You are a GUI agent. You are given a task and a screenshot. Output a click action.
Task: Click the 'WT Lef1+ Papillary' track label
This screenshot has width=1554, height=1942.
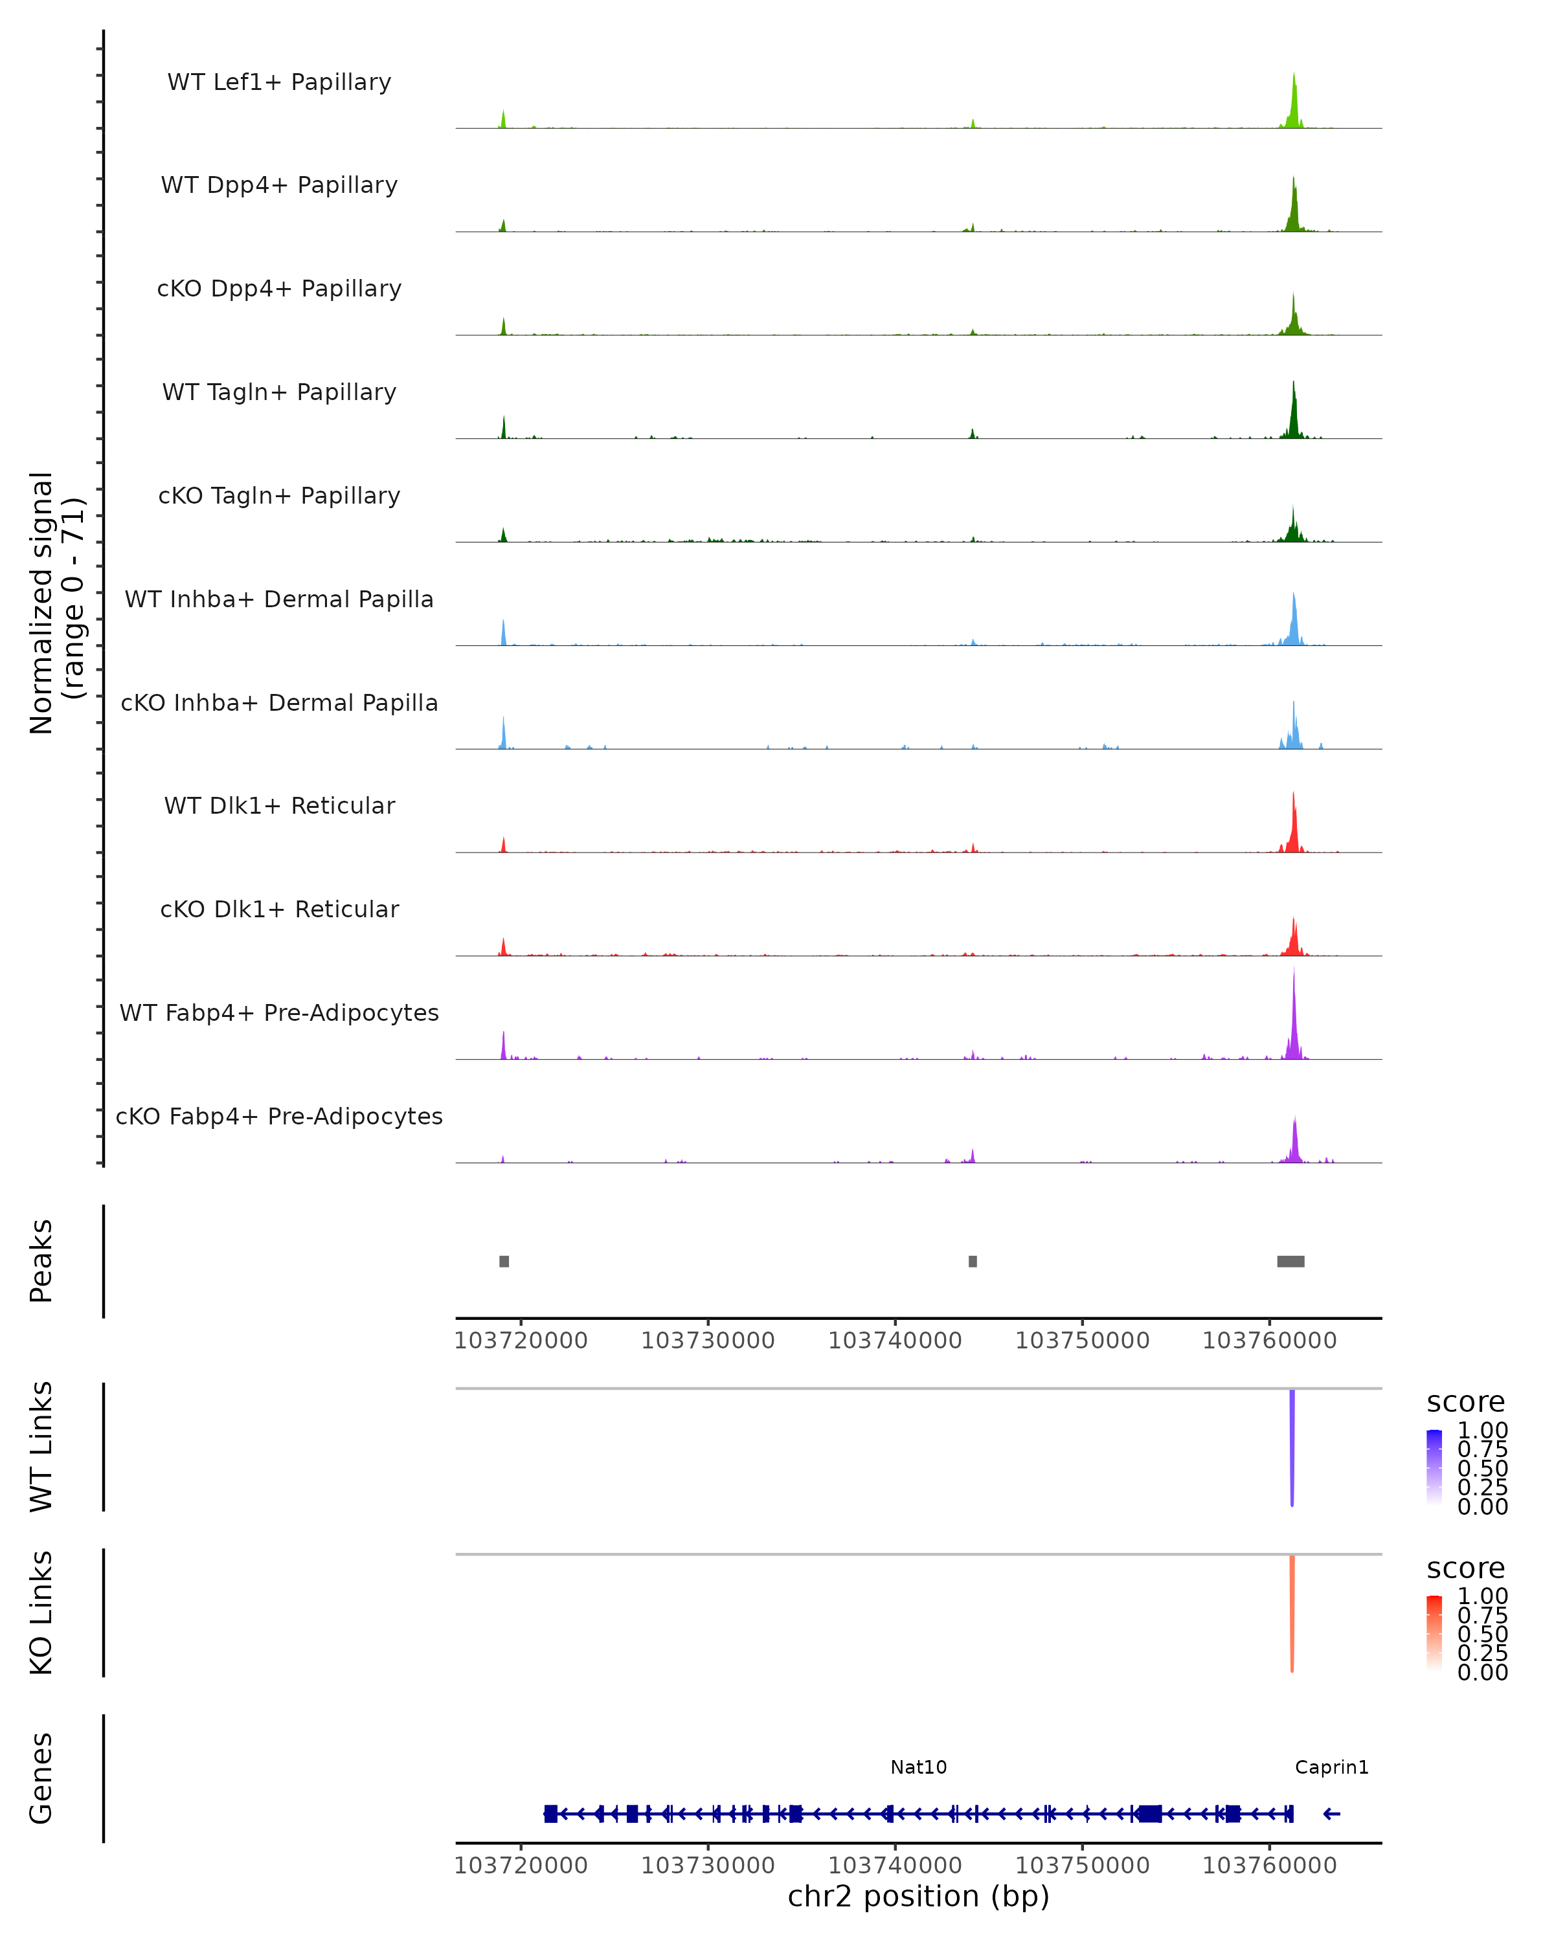pyautogui.click(x=279, y=82)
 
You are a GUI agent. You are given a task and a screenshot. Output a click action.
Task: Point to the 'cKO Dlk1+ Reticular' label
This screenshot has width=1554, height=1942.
pyautogui.click(x=279, y=909)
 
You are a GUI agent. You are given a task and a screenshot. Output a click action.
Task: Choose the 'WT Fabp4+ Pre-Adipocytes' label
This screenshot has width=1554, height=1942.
pyautogui.click(x=279, y=1012)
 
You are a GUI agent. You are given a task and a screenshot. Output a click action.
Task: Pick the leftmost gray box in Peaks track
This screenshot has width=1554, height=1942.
pyautogui.click(x=504, y=1261)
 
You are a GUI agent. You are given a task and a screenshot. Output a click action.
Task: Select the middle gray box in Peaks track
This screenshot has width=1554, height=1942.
pyautogui.click(x=973, y=1261)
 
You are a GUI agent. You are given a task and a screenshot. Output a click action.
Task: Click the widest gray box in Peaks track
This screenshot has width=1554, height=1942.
pyautogui.click(x=1291, y=1261)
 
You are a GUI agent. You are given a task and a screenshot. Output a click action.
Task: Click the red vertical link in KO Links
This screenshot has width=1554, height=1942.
pyautogui.click(x=1292, y=1613)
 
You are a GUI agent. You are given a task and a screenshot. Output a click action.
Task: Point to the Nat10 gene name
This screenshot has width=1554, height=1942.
pyautogui.click(x=918, y=1767)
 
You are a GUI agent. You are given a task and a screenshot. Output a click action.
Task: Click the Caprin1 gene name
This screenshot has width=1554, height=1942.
pyautogui.click(x=1331, y=1767)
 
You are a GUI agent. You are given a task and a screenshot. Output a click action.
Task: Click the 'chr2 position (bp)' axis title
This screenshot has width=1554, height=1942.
pyautogui.click(x=918, y=1896)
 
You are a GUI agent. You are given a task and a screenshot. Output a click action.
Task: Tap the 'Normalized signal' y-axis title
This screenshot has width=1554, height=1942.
pyautogui.click(x=41, y=603)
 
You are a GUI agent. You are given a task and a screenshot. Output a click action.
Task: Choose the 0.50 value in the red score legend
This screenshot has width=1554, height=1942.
pyautogui.click(x=1482, y=1634)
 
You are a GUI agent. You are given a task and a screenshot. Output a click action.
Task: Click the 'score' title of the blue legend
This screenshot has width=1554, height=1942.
pyautogui.click(x=1466, y=1403)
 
